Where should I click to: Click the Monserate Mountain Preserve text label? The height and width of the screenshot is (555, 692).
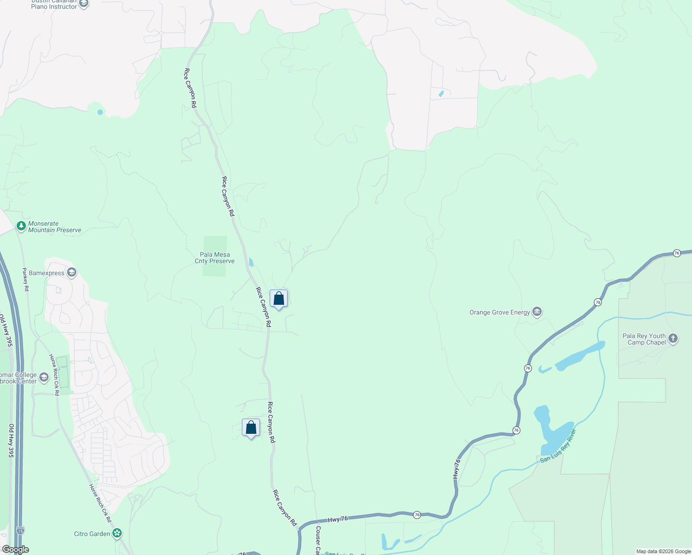click(55, 227)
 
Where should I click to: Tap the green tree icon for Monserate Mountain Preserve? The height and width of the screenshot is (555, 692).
click(21, 226)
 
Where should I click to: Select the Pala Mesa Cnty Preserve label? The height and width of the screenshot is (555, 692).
click(215, 258)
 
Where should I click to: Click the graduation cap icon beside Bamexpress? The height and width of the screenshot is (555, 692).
click(72, 272)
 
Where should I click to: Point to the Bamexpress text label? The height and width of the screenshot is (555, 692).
click(46, 273)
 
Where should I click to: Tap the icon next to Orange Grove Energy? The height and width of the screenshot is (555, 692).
click(537, 312)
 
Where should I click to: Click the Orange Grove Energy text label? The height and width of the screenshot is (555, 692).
click(500, 313)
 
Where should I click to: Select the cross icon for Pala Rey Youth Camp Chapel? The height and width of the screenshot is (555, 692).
click(673, 339)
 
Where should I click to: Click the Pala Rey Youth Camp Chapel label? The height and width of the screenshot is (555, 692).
click(644, 339)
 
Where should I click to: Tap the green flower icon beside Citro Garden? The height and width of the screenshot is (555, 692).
click(117, 533)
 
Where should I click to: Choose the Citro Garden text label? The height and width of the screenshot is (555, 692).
click(92, 534)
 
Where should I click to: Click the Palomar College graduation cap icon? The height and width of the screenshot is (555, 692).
click(44, 377)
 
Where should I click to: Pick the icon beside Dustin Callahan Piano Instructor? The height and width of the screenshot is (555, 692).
click(84, 4)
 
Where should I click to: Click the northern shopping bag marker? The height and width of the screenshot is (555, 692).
click(278, 299)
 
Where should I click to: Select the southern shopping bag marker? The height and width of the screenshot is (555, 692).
click(251, 428)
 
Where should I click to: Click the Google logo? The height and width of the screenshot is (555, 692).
click(16, 549)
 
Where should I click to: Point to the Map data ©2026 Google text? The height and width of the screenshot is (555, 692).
click(663, 551)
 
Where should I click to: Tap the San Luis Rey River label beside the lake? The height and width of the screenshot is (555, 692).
click(559, 446)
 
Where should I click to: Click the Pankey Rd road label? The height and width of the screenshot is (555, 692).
click(26, 279)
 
